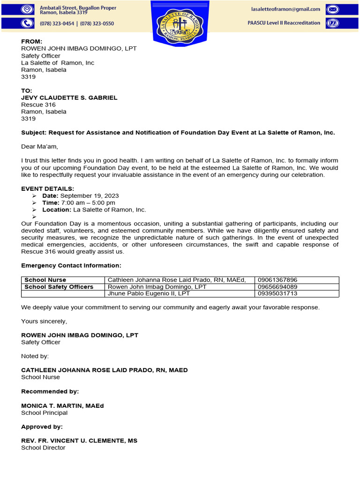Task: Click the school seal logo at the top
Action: click(180, 23)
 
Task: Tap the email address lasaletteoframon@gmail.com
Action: click(285, 9)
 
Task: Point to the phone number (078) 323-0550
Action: click(97, 23)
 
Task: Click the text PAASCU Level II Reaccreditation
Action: click(284, 23)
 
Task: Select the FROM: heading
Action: click(31, 42)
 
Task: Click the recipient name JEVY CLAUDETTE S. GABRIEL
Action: click(69, 98)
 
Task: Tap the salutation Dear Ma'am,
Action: click(39, 147)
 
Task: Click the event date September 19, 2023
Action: click(90, 196)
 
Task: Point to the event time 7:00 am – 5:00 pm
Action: click(88, 203)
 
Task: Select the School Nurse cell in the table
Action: click(45, 280)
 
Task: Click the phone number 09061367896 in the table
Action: click(277, 280)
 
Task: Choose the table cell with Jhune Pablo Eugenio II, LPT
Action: click(149, 293)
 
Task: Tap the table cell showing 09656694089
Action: click(277, 287)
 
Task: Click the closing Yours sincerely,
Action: click(44, 322)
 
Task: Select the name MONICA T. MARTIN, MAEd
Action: click(62, 406)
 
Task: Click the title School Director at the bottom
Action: click(43, 448)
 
